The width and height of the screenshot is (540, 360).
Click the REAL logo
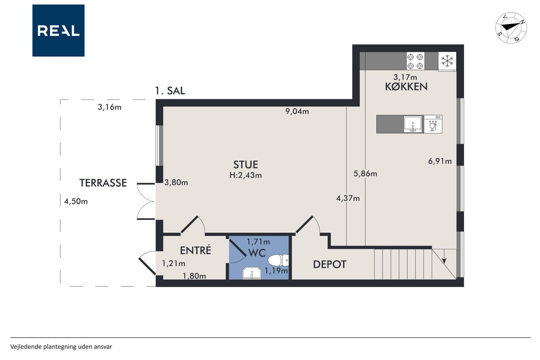point(58,31)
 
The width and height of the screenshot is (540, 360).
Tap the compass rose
point(511,28)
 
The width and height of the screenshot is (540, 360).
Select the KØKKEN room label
point(406,87)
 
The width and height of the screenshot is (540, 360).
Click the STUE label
point(246,165)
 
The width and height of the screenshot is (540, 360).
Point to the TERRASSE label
point(103,183)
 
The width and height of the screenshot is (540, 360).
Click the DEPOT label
point(329,265)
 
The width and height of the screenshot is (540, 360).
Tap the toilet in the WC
point(278,260)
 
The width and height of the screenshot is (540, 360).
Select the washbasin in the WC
point(252,273)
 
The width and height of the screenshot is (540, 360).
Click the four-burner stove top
point(416,61)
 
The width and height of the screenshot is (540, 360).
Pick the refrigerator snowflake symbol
point(447,61)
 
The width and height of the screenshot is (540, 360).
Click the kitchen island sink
point(413,124)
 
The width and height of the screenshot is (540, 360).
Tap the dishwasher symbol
point(433,124)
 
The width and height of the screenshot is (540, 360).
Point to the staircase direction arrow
point(445,257)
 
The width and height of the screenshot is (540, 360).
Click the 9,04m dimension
point(297,111)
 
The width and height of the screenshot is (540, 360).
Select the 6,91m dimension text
point(440,161)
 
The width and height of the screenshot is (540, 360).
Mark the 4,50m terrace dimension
point(76,201)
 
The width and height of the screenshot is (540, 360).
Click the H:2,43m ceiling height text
point(246,175)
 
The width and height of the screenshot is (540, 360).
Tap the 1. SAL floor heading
point(170,91)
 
